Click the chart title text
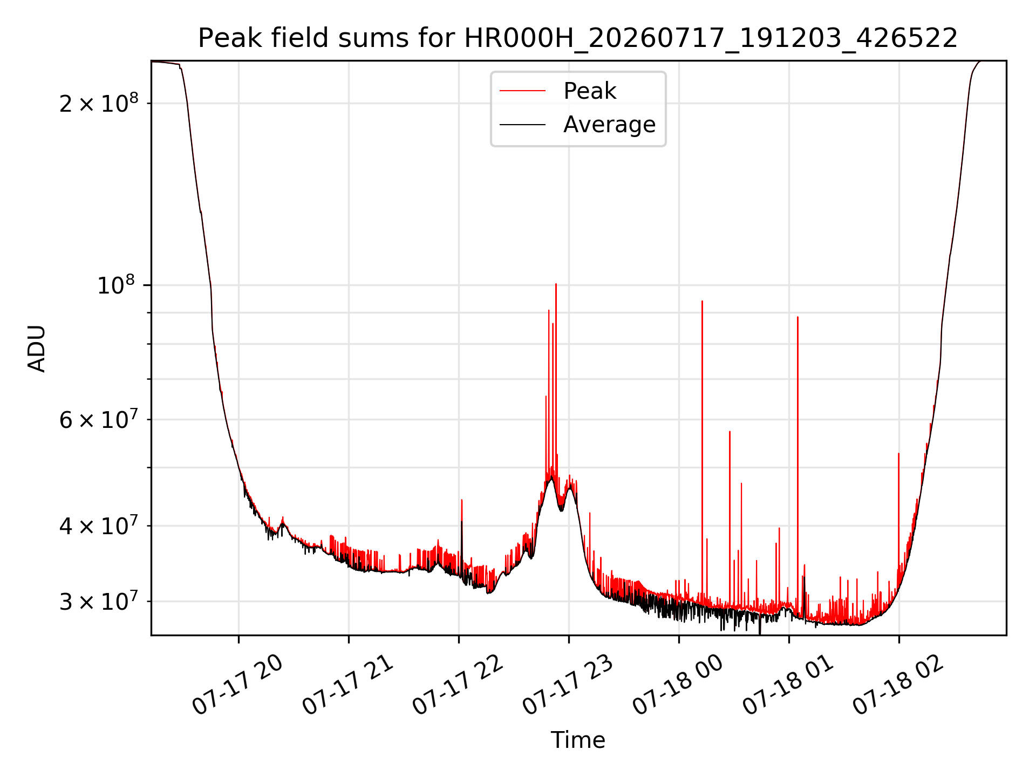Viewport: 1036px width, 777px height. click(x=578, y=38)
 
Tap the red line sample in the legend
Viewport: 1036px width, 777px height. click(x=522, y=91)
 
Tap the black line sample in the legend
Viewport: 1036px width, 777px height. click(x=522, y=125)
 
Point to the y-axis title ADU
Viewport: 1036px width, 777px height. click(x=37, y=348)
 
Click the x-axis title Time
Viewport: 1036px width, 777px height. click(x=578, y=740)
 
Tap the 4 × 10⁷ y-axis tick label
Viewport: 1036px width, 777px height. click(x=99, y=524)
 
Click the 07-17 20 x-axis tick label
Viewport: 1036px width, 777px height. click(x=238, y=685)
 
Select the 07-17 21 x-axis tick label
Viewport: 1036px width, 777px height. click(x=348, y=685)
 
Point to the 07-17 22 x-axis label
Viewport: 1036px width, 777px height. click(x=458, y=685)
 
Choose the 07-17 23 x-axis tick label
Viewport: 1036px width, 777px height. click(x=568, y=685)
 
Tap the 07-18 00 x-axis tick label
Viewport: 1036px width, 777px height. click(x=678, y=685)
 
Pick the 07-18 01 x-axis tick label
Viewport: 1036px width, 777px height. click(x=788, y=685)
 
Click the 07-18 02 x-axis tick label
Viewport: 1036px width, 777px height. click(x=898, y=685)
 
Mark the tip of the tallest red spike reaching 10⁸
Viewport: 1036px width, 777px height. click(x=556, y=284)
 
